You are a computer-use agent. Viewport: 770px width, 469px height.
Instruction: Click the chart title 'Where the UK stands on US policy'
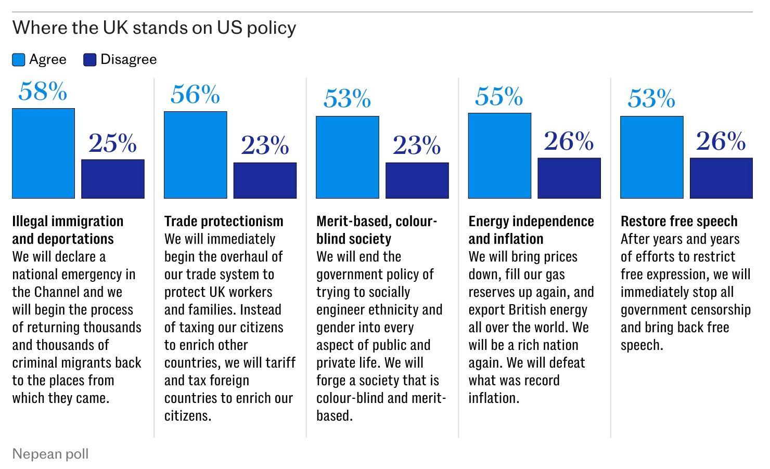[x=154, y=28]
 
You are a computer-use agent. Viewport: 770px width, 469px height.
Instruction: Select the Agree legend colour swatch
[x=19, y=60]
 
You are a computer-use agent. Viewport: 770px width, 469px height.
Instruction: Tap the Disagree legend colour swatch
[x=90, y=60]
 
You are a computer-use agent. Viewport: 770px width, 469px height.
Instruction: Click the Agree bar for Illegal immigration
[x=43, y=153]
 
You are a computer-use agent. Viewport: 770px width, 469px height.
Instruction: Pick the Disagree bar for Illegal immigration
[x=113, y=179]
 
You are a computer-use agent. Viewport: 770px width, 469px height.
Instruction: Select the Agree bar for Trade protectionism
[x=195, y=155]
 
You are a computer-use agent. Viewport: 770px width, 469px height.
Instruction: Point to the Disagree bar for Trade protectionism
[x=265, y=180]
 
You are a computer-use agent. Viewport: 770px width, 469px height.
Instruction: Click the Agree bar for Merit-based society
[x=348, y=157]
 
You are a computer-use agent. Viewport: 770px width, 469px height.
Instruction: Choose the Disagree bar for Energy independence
[x=569, y=178]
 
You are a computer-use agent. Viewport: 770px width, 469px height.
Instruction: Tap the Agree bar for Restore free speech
[x=652, y=157]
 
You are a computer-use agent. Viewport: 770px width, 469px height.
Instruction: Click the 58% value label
[x=43, y=92]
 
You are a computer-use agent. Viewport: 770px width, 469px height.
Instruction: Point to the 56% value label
[x=195, y=95]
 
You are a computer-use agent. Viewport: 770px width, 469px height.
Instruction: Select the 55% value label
[x=499, y=97]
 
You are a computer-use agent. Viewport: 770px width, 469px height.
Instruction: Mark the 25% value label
[x=113, y=144]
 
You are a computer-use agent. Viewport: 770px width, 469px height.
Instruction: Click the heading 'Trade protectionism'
[x=224, y=222]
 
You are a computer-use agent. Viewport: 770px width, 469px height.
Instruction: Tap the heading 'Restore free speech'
[x=679, y=222]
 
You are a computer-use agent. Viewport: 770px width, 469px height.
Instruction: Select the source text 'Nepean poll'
[x=50, y=454]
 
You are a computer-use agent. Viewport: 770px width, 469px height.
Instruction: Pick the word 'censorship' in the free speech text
[x=720, y=310]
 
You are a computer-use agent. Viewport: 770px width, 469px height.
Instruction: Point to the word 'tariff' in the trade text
[x=280, y=363]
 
